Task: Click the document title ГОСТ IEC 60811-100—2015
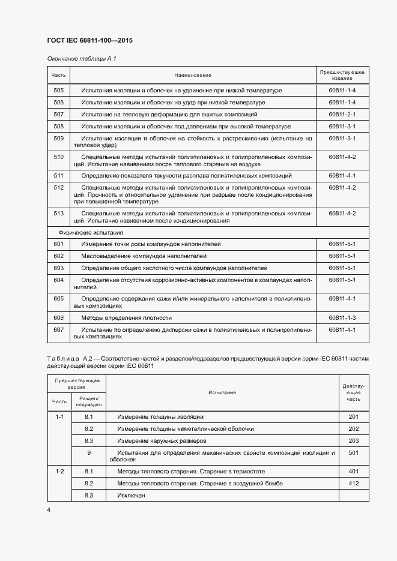click(x=89, y=40)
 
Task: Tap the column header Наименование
click(x=193, y=75)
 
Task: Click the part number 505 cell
click(x=58, y=91)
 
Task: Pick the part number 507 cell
click(x=58, y=114)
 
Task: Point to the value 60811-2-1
click(x=342, y=114)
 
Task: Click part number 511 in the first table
click(x=58, y=176)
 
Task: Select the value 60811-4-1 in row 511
click(x=342, y=176)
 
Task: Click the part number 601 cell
click(x=58, y=244)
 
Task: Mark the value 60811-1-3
click(x=342, y=317)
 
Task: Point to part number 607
click(x=58, y=329)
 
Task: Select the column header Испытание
click(x=222, y=392)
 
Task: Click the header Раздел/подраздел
click(x=88, y=401)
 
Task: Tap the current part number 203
click(x=353, y=440)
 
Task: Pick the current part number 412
click(x=353, y=483)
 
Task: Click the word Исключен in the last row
click(x=132, y=495)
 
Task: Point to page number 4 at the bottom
click(x=49, y=509)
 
